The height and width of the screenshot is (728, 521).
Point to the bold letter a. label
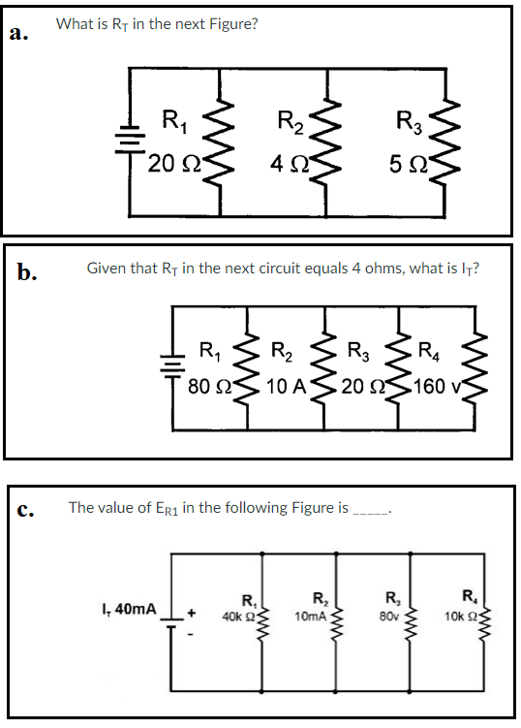[x=17, y=34]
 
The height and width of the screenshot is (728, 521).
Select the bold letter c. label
[x=25, y=511]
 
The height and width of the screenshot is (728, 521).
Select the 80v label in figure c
[x=389, y=616]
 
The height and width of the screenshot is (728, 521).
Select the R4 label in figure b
[x=426, y=352]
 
